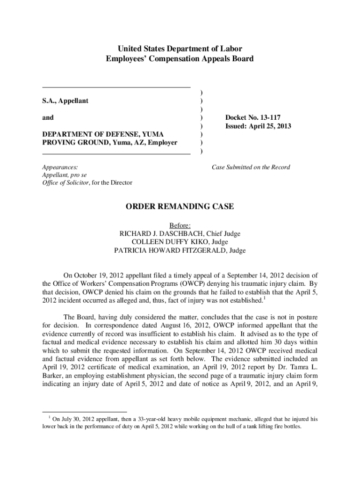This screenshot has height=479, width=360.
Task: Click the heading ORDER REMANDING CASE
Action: (x=180, y=207)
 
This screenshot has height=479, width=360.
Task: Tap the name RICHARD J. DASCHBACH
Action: (x=164, y=233)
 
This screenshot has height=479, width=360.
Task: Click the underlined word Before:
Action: (x=180, y=225)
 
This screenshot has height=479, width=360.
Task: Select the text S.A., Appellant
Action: (x=65, y=101)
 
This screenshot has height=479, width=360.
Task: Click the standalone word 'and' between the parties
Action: (x=48, y=117)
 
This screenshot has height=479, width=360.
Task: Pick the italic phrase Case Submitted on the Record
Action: (x=251, y=167)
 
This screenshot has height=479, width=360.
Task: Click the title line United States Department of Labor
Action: (x=180, y=49)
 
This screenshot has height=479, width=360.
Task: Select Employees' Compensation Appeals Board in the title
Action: (x=180, y=59)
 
